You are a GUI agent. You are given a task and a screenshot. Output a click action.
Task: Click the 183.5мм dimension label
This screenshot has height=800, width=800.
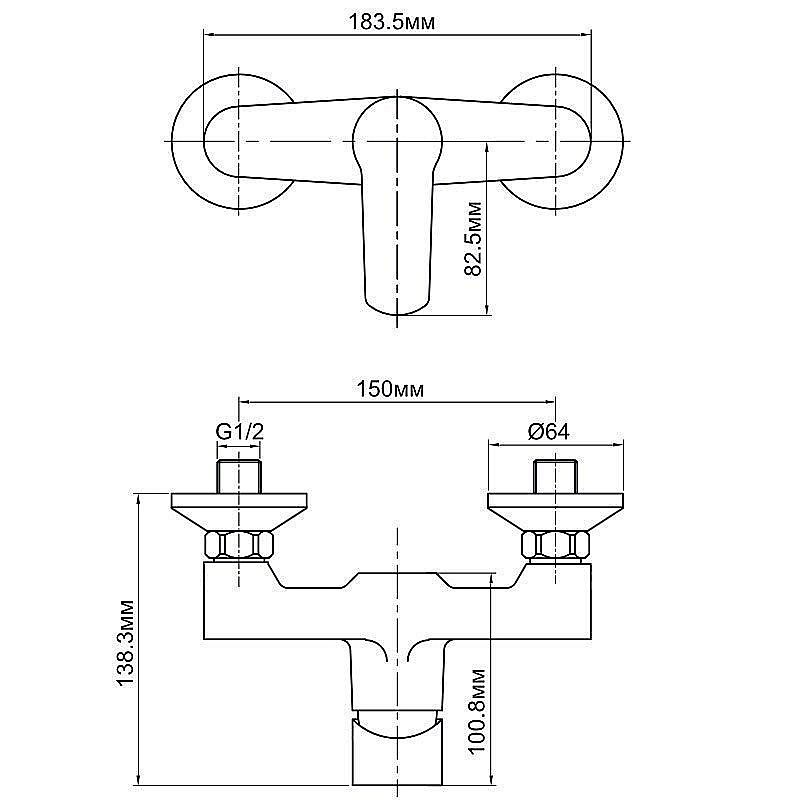click(392, 22)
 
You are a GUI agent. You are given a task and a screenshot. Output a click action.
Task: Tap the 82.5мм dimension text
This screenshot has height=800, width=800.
click(473, 239)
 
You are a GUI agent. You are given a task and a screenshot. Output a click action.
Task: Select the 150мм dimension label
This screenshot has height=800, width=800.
click(390, 389)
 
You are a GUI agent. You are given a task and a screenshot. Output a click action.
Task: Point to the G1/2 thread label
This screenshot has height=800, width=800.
click(240, 432)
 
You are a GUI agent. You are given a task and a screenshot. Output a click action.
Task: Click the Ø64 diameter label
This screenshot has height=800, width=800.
click(549, 432)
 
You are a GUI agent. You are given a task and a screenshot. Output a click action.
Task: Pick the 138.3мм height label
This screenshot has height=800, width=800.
click(125, 643)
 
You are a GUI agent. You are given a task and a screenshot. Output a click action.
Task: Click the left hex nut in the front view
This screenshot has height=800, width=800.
click(239, 544)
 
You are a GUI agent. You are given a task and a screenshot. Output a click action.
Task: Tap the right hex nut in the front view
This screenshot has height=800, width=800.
click(555, 544)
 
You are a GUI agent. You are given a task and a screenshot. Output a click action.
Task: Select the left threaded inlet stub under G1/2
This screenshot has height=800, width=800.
click(239, 477)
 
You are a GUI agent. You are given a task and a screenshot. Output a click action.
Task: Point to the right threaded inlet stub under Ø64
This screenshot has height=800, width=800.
click(556, 477)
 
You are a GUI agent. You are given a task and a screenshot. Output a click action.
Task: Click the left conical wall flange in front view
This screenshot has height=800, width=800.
click(239, 512)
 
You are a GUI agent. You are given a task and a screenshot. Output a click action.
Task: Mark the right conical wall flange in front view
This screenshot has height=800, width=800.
click(556, 512)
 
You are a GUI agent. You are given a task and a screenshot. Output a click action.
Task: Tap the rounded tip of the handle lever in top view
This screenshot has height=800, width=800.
click(396, 304)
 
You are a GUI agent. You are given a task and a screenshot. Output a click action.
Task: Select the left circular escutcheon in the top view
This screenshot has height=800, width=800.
click(173, 141)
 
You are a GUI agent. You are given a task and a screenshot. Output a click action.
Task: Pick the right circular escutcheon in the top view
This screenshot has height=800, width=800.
click(621, 141)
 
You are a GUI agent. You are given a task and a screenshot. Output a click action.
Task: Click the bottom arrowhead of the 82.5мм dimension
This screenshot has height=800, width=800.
click(487, 309)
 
